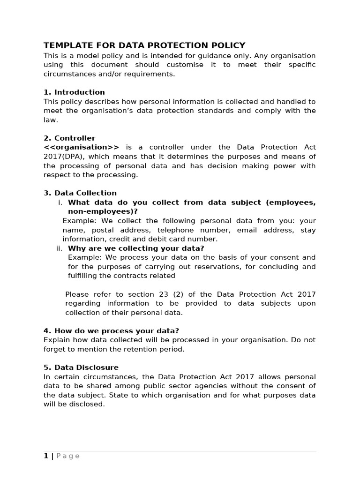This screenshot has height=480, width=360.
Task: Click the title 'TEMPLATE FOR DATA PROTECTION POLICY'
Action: [x=144, y=45]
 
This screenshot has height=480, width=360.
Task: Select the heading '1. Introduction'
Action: [x=74, y=92]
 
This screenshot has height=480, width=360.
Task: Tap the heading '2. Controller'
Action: [x=69, y=138]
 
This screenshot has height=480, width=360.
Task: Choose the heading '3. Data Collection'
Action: [x=80, y=193]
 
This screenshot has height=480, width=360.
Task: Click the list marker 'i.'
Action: [x=60, y=202]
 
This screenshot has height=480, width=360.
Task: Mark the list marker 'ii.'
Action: [x=59, y=248]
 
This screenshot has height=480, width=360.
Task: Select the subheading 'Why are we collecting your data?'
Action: [x=136, y=248]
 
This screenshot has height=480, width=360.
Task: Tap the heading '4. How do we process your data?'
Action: [x=111, y=331]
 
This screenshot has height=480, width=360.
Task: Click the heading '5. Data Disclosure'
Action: [x=81, y=367]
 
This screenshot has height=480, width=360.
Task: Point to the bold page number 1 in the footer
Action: [x=46, y=456]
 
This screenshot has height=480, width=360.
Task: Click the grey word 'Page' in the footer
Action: [x=68, y=456]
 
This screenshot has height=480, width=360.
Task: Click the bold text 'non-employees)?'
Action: [x=103, y=211]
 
